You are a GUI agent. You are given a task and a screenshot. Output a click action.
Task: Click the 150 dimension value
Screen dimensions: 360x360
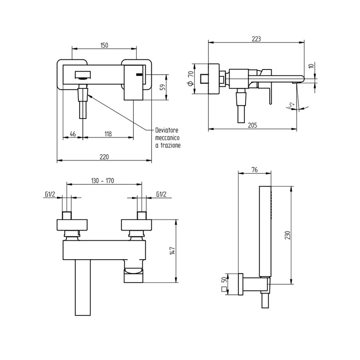click(105, 45)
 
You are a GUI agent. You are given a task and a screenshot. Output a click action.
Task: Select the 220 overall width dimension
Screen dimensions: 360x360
click(104, 157)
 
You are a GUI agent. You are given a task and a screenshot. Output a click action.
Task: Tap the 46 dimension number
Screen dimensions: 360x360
click(72, 134)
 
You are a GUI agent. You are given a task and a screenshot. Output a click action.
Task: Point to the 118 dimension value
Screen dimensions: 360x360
click(108, 134)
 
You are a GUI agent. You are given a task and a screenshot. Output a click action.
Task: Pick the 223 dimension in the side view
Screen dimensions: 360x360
click(256, 39)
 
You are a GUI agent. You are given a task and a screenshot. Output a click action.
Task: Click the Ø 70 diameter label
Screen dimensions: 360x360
click(191, 78)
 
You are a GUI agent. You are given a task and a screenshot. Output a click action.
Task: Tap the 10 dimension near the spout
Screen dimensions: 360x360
click(311, 66)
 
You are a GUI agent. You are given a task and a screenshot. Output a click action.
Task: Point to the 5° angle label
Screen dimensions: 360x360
click(291, 105)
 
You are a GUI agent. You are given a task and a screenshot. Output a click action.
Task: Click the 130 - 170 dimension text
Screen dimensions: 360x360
click(103, 180)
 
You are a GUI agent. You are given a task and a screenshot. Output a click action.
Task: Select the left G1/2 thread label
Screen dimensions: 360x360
click(50, 194)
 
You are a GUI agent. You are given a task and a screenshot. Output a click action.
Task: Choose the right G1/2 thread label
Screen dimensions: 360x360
click(161, 194)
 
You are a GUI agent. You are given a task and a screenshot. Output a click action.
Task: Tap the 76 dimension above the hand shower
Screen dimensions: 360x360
click(255, 169)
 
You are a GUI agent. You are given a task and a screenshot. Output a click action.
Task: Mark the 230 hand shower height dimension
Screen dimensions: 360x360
click(287, 235)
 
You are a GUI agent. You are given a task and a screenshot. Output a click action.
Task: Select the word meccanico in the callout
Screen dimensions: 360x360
click(168, 138)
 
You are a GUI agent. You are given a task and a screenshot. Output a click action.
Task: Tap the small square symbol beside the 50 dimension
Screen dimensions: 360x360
click(224, 290)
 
